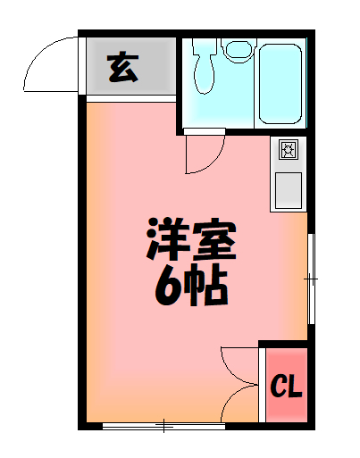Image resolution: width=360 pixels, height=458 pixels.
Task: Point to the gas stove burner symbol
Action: [289, 150]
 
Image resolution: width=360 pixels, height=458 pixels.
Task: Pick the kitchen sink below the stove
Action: [289, 189]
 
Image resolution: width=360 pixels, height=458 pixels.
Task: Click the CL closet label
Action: [286, 387]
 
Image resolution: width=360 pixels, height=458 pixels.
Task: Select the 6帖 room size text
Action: [189, 286]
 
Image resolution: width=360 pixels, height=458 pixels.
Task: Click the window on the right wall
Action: [311, 279]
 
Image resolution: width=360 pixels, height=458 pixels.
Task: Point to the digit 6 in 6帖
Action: [168, 286]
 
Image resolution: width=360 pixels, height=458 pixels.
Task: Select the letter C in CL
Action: [279, 387]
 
